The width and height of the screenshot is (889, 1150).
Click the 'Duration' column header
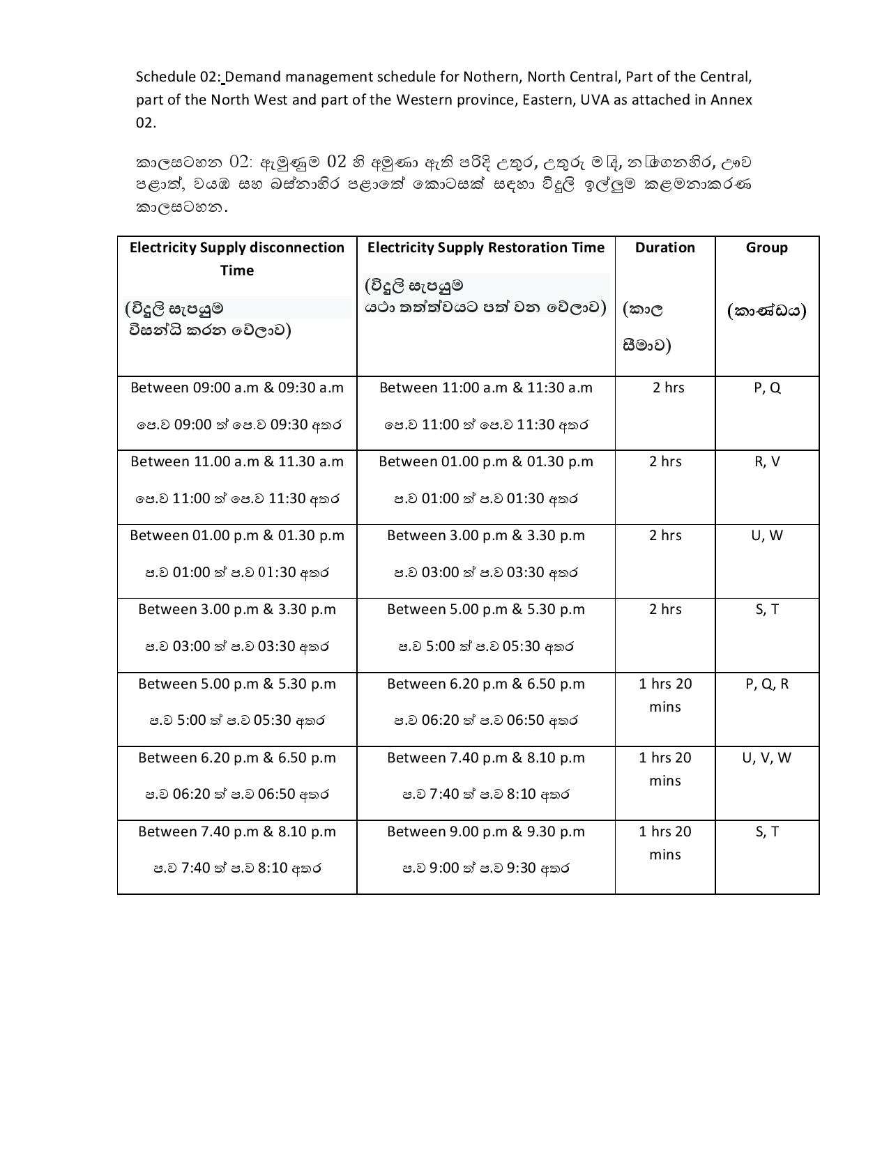click(x=664, y=247)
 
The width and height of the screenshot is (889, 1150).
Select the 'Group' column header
click(x=766, y=247)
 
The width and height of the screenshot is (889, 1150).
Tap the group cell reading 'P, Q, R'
click(x=766, y=684)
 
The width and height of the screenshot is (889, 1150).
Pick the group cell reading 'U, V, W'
click(x=766, y=758)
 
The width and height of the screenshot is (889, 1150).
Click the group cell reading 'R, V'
click(x=766, y=461)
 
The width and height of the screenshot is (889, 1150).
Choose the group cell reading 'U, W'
click(x=766, y=535)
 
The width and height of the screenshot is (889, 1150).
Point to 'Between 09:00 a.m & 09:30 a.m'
click(x=237, y=388)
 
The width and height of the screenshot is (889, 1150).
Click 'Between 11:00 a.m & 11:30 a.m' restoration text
click(x=486, y=388)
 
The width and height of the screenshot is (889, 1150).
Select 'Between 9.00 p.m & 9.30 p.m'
click(x=486, y=831)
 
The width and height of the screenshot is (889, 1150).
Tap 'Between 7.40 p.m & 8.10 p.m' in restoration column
click(x=486, y=758)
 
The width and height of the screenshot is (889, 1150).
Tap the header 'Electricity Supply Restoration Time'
click(x=486, y=247)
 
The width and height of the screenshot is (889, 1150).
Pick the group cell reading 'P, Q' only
click(x=766, y=388)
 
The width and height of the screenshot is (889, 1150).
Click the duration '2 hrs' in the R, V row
click(x=664, y=461)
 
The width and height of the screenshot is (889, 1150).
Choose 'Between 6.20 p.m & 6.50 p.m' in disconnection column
click(x=237, y=758)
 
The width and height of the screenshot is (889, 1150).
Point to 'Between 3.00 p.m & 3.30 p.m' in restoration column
click(x=486, y=535)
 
